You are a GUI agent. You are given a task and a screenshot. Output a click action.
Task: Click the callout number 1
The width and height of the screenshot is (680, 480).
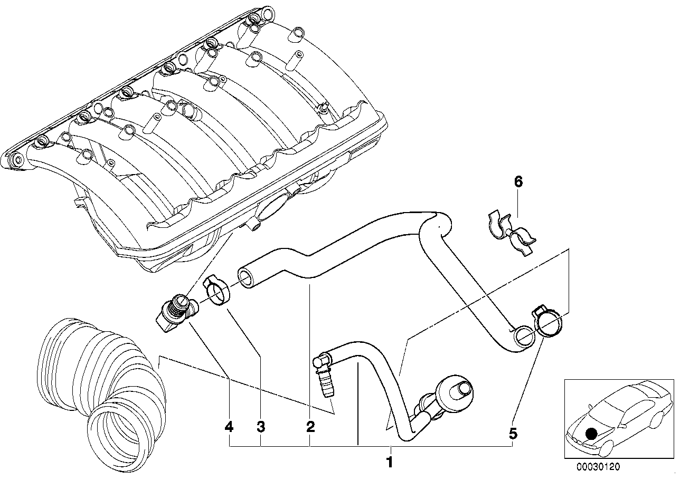[x=390, y=464]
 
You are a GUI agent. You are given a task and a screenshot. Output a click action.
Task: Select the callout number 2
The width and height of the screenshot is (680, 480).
[x=310, y=427]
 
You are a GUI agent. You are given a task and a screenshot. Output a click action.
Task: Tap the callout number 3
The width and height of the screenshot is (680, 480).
[x=260, y=427]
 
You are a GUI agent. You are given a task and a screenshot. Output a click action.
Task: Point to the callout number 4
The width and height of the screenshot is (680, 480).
[x=229, y=427]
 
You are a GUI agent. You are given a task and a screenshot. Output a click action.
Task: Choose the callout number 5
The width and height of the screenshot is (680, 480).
[x=513, y=434]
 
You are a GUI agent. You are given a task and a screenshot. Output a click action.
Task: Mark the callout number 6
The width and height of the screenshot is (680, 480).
[x=518, y=183]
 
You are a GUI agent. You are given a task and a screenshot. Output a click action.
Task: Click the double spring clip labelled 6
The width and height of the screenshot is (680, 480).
[x=510, y=233]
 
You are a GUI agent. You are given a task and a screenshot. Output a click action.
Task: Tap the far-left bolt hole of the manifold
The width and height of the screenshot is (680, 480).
[x=16, y=160]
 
